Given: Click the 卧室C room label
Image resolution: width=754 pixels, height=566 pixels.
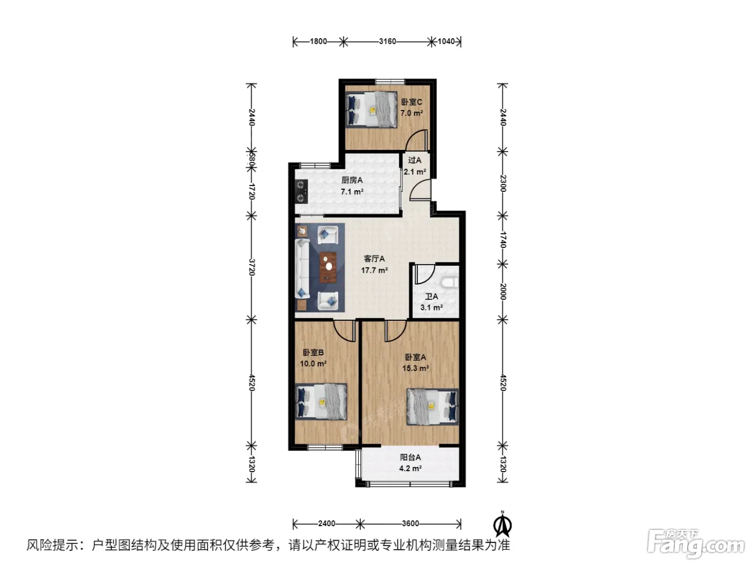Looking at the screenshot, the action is (411, 102).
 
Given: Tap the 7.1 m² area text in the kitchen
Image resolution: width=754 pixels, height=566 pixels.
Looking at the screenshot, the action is (352, 191).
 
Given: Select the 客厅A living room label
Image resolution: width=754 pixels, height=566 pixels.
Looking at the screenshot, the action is (374, 258).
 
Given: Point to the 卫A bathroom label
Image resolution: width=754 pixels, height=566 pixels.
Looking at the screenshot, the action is (431, 296).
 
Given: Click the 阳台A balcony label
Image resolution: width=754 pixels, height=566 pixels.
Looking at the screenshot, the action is (410, 457).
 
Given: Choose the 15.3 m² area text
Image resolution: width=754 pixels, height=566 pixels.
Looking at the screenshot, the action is (415, 368).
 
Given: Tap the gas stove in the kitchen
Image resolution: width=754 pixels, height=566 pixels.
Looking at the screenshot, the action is (301, 191).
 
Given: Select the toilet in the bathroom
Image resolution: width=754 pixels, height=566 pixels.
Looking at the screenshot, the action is (450, 282).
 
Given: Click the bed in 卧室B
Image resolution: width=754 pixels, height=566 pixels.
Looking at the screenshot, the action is (321, 402).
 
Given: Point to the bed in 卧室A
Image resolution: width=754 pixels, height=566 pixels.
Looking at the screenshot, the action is (432, 407).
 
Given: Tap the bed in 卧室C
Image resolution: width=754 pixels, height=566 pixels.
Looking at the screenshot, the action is (371, 109).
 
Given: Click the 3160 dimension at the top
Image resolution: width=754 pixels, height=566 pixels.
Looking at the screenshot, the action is (387, 42).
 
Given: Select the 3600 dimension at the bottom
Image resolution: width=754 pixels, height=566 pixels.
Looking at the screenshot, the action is (410, 523).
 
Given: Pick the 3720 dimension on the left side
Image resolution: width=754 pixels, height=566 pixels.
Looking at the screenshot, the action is (252, 267).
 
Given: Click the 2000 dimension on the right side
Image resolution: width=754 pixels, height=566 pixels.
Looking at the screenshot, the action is (502, 292).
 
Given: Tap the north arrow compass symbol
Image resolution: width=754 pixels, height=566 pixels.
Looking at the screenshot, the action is (502, 524).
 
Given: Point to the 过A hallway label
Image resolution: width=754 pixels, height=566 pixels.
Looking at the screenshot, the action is (415, 160).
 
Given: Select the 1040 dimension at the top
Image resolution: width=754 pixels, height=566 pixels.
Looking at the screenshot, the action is (446, 42).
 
